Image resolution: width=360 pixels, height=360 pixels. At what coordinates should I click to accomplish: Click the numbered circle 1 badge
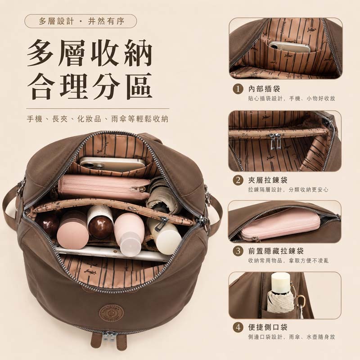[238, 89]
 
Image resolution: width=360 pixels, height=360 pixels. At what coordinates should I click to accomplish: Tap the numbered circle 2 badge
[238, 180]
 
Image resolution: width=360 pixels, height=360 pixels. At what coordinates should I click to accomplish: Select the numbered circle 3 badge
[238, 251]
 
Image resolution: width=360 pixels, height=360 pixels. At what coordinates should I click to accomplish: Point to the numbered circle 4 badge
[238, 327]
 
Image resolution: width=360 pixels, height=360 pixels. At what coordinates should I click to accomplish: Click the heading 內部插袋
[264, 89]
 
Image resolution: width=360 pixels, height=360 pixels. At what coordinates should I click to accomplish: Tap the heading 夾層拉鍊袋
[268, 180]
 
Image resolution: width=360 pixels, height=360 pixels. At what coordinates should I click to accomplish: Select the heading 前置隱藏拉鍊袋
[276, 251]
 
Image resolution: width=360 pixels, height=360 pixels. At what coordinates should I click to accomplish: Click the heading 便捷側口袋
[268, 327]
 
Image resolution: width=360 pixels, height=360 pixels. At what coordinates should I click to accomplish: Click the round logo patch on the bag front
[111, 313]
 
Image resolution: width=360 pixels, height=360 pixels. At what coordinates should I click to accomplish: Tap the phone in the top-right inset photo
[290, 47]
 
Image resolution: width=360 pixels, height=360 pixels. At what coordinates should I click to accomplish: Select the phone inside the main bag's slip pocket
[112, 164]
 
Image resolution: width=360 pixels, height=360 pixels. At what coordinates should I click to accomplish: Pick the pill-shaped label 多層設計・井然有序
[81, 21]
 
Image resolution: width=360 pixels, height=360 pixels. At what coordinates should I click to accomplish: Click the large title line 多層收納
[90, 53]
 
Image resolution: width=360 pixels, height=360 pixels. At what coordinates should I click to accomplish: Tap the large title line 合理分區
[90, 86]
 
